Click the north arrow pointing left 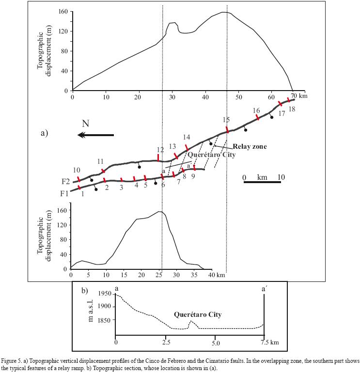95,135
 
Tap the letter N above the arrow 85,124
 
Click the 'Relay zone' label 250,146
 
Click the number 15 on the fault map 226,120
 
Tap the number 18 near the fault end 292,109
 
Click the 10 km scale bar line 262,182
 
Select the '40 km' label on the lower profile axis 217,275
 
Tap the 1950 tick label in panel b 104,294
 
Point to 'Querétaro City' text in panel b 198,315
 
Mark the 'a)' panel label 44,132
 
